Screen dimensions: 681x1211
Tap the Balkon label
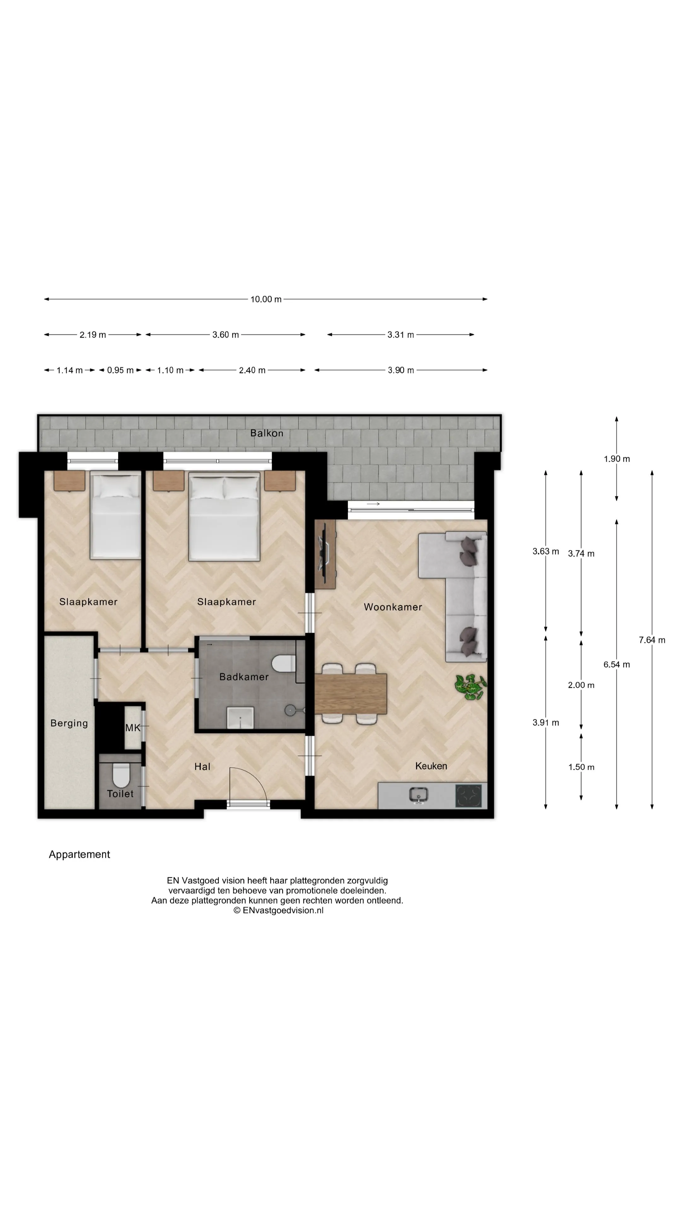tap(266, 433)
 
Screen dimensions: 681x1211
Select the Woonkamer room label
tap(393, 607)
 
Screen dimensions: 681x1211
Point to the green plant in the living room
tap(470, 687)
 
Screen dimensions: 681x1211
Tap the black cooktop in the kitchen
tap(469, 795)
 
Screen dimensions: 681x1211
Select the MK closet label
tap(132, 728)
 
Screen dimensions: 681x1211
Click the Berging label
tap(69, 723)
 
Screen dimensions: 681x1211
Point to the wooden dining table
tap(351, 693)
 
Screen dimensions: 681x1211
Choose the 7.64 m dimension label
tap(652, 640)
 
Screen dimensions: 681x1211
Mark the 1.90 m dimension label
tap(617, 459)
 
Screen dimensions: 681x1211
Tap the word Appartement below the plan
tap(79, 855)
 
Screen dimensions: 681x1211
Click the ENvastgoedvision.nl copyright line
tap(278, 910)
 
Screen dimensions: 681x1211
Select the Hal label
tap(202, 767)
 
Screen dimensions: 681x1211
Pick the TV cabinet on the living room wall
tap(325, 554)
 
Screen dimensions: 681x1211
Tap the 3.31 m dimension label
tap(400, 335)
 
